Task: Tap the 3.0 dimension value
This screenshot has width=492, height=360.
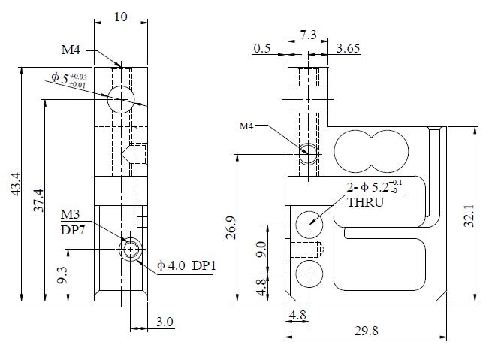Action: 165,322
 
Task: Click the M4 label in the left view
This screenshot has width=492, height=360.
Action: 72,50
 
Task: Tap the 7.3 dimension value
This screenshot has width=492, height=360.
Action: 308,35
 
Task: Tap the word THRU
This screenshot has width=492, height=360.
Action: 366,202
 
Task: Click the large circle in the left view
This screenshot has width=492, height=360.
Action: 122,98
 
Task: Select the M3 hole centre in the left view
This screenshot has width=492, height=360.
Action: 131,249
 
